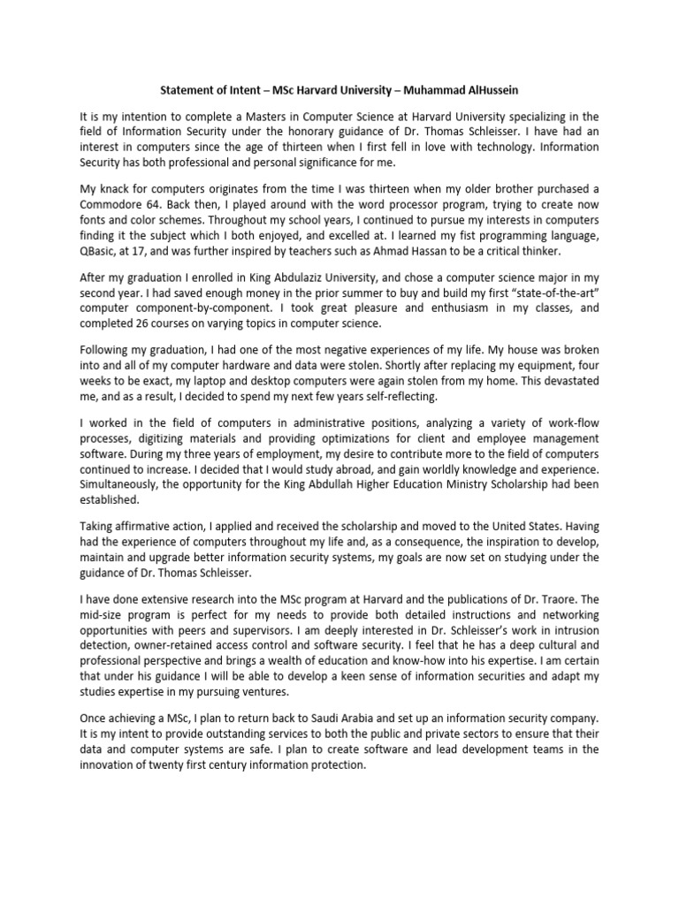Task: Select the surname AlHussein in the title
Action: pyautogui.click(x=490, y=89)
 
